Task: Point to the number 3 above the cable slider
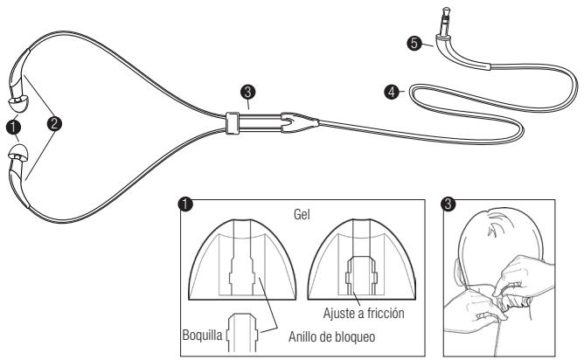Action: [x=248, y=92]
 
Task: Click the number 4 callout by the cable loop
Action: [x=391, y=88]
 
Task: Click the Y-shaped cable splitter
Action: [x=292, y=121]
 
